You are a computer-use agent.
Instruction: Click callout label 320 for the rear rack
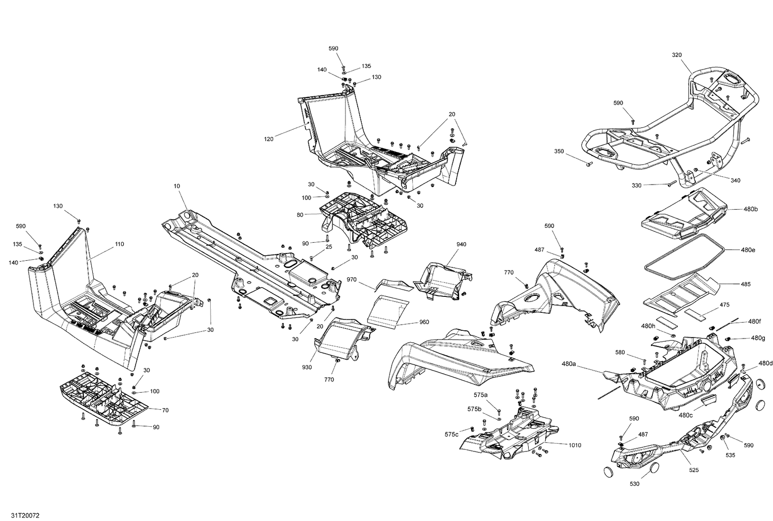click(x=677, y=54)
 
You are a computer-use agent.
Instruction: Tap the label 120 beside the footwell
click(x=268, y=139)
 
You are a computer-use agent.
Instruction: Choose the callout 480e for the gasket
click(x=748, y=250)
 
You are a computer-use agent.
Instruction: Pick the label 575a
click(x=480, y=395)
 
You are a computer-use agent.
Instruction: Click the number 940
click(x=461, y=244)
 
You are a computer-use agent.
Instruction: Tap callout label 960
click(x=424, y=322)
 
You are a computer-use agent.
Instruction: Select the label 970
click(x=352, y=279)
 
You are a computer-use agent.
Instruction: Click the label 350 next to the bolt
click(x=559, y=152)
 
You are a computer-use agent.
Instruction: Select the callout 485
click(x=745, y=284)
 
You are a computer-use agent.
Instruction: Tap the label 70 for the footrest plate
click(x=165, y=410)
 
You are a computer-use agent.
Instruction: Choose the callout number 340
click(x=735, y=180)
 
